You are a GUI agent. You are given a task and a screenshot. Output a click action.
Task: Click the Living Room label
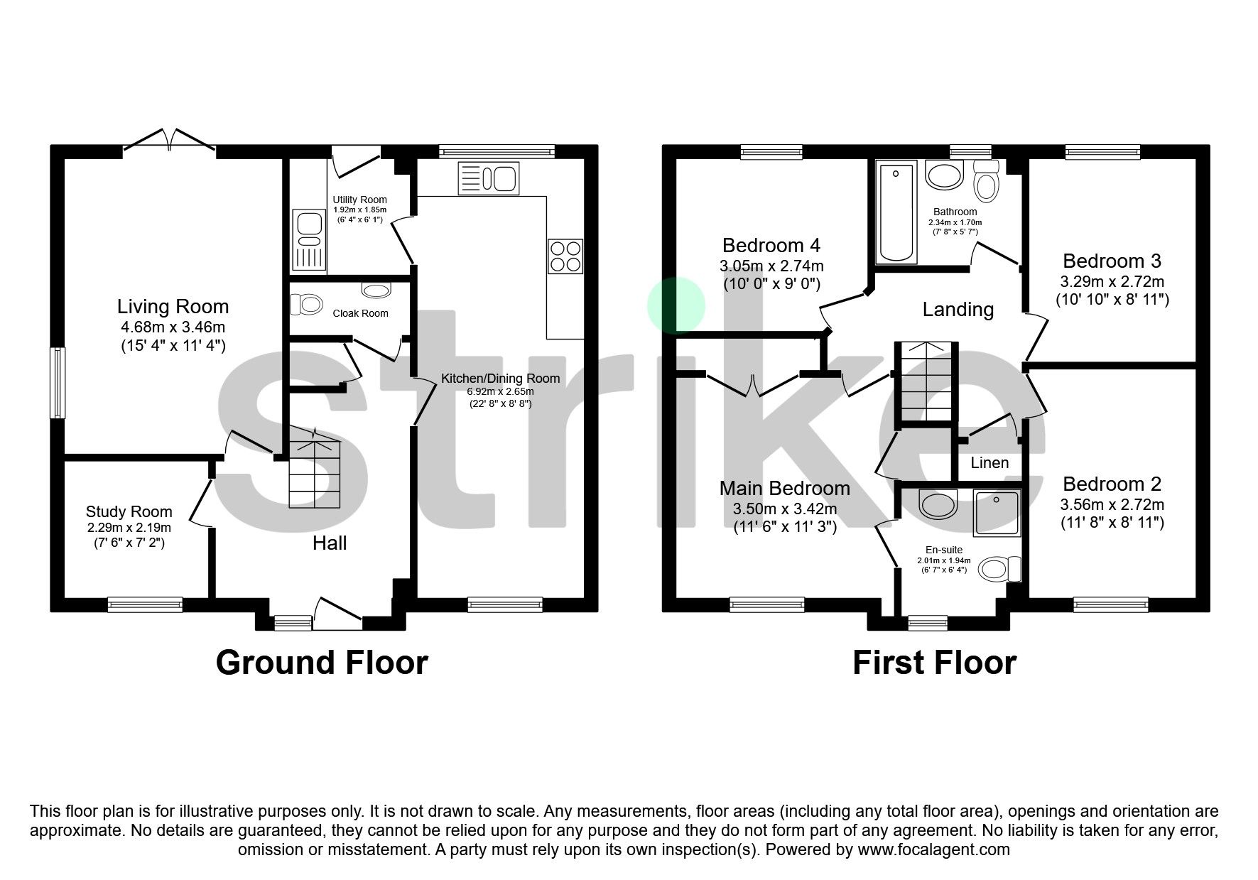[x=173, y=307]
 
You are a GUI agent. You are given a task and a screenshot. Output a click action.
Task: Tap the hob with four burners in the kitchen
[x=565, y=256]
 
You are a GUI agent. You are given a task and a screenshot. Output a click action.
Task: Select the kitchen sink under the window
[x=489, y=178]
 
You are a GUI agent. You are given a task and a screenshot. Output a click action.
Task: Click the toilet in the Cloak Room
[x=307, y=305]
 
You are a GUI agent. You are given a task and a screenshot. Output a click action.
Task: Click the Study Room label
[x=129, y=511]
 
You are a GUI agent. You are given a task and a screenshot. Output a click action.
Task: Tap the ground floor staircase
[x=315, y=472]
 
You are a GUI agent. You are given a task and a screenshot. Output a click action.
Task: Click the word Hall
[x=330, y=543]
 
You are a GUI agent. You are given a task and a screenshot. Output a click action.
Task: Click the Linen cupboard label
[x=989, y=463]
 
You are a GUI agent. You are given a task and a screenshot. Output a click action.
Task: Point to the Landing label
[x=958, y=310]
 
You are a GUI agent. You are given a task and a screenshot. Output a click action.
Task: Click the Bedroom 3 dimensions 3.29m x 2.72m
[x=1112, y=282]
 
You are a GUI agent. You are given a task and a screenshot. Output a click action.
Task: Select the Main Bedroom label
[x=784, y=489]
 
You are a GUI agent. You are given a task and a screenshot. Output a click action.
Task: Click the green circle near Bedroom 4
[x=676, y=305]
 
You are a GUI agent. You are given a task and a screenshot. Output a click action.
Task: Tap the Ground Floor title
[x=322, y=662]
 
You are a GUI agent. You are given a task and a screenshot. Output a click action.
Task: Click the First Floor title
[x=934, y=662]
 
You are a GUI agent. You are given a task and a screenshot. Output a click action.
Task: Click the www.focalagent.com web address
[x=933, y=849]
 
